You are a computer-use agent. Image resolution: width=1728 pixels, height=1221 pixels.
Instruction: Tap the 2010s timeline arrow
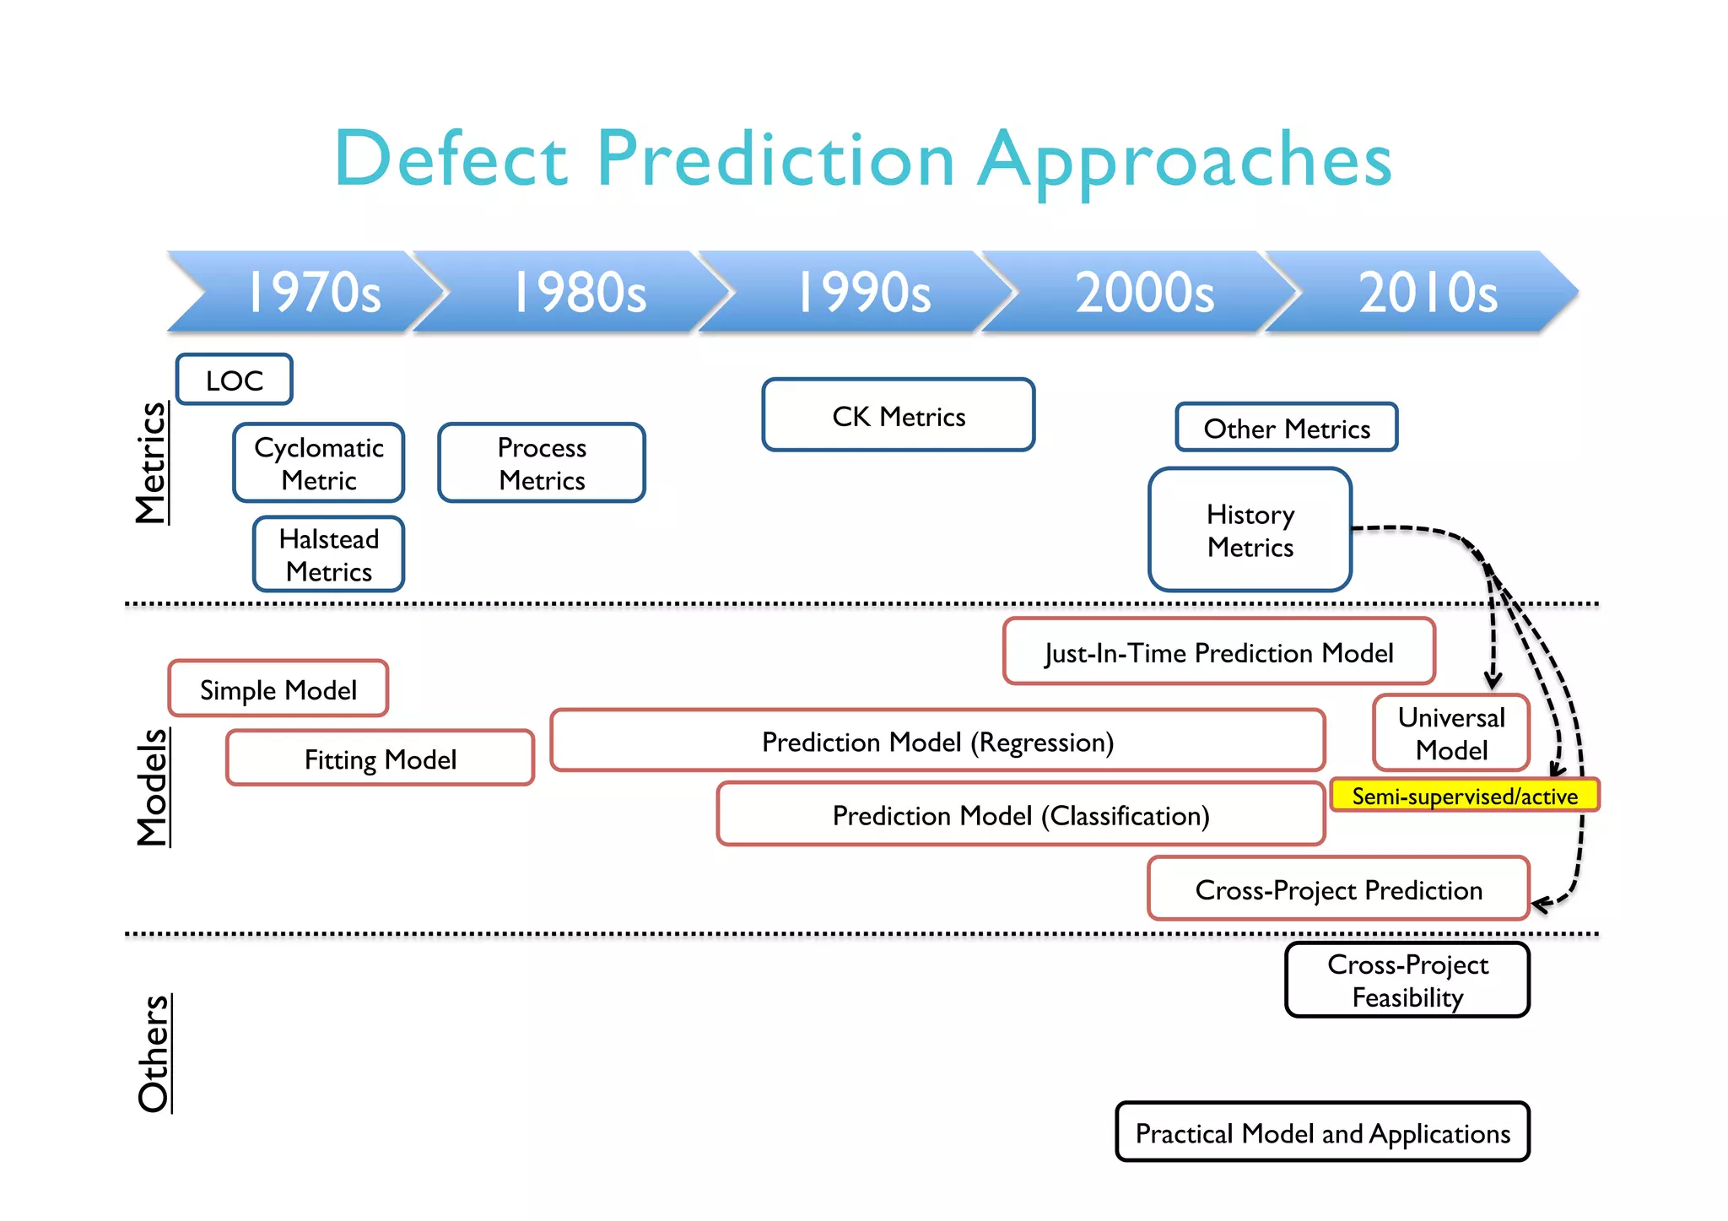(1426, 292)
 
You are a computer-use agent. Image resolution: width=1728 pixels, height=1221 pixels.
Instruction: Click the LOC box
(235, 380)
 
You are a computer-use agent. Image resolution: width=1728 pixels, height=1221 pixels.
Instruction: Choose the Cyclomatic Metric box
(319, 463)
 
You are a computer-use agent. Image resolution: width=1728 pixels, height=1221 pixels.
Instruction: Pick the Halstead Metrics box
(329, 554)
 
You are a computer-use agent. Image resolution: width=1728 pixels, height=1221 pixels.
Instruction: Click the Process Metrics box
(542, 463)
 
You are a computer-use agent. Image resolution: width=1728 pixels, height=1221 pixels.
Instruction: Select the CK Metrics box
(899, 415)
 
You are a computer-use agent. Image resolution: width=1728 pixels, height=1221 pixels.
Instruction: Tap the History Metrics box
(1250, 530)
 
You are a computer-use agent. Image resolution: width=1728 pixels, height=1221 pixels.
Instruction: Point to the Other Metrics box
(1287, 428)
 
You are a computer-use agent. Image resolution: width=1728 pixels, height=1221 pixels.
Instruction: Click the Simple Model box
(278, 689)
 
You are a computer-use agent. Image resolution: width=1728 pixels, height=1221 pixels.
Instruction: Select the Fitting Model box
(381, 759)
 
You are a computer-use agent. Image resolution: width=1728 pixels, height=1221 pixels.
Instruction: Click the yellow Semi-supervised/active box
(1465, 796)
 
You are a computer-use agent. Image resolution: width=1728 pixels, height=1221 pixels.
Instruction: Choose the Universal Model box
(1451, 733)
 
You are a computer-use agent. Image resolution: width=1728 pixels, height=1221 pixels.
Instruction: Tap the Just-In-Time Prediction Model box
(1219, 652)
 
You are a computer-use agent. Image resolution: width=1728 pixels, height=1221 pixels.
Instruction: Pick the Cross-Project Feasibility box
(1407, 981)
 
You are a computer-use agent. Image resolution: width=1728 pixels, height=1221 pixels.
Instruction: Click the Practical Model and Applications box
(1322, 1132)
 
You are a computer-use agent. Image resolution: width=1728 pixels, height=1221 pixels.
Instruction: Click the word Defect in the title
(451, 159)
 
